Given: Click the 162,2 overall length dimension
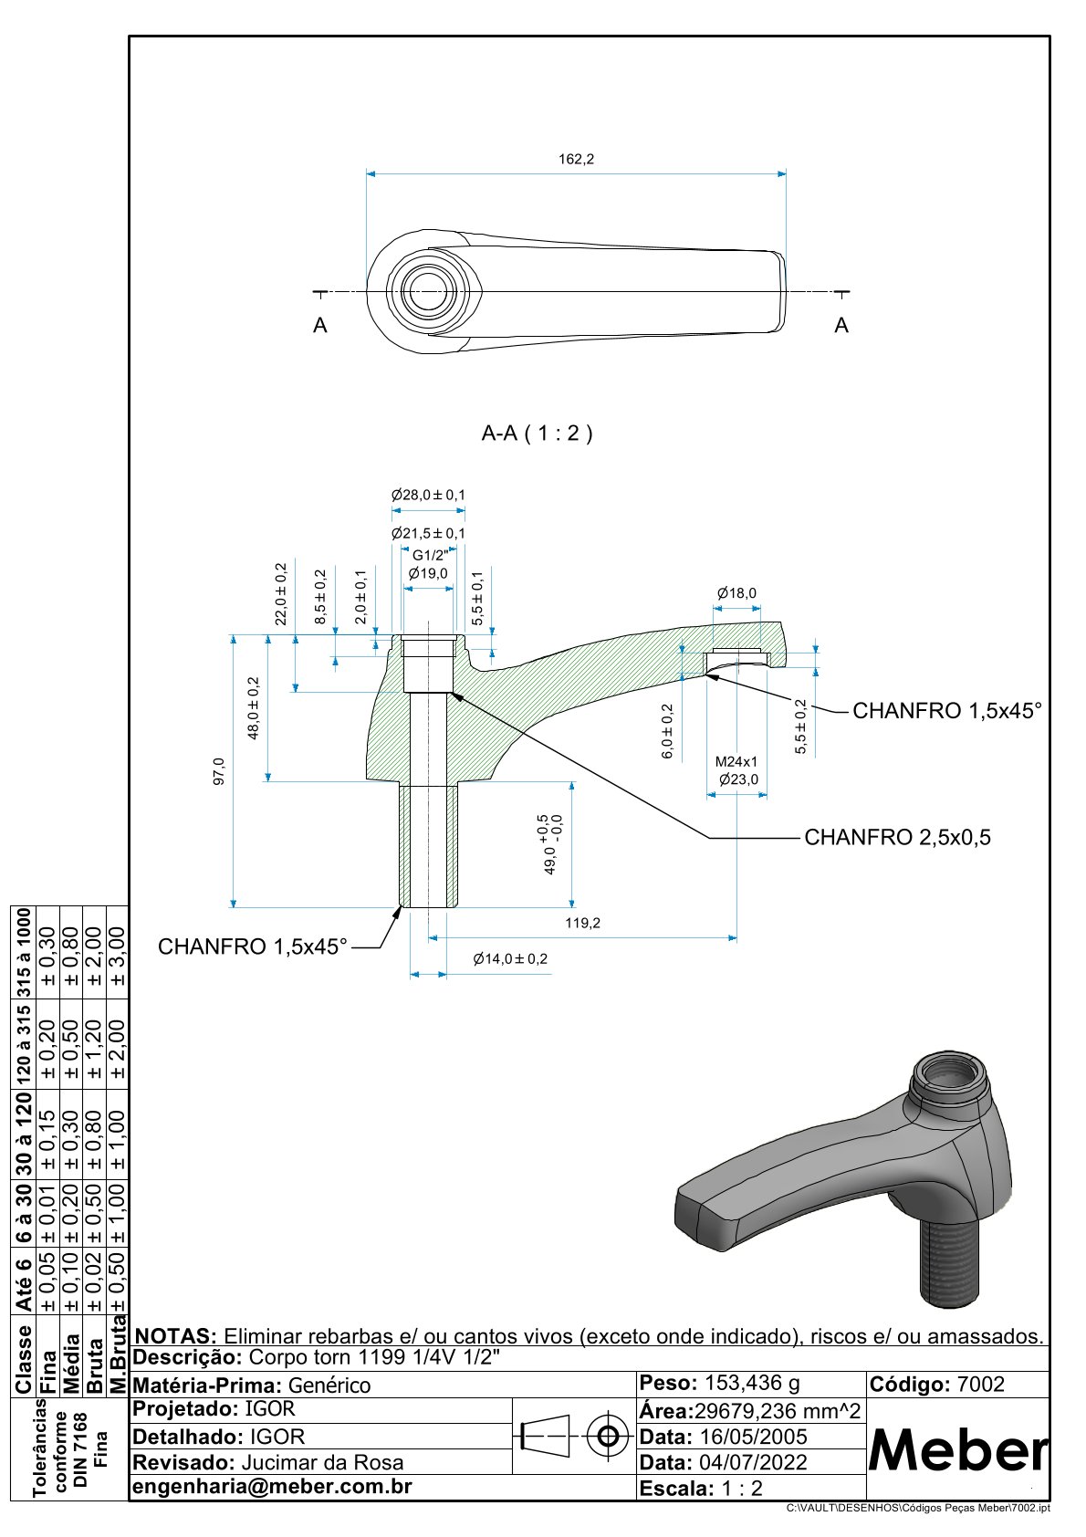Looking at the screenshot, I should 576,159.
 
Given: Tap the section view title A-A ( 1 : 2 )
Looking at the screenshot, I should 537,433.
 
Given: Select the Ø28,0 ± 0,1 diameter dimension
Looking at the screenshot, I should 428,495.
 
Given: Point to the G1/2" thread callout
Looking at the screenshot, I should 429,555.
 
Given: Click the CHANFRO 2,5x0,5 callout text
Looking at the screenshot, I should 897,837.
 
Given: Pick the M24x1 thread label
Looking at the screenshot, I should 736,761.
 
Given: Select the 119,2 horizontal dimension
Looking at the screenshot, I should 582,923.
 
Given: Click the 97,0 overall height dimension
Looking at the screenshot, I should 219,771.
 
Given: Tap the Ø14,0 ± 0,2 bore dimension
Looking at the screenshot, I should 510,958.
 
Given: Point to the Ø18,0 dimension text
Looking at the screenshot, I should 736,593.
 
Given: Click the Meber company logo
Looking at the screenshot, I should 956,1451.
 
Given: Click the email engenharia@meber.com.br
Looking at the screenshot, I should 272,1486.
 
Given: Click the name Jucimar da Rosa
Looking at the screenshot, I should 321,1462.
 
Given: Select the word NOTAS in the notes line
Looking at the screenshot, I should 175,1336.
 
